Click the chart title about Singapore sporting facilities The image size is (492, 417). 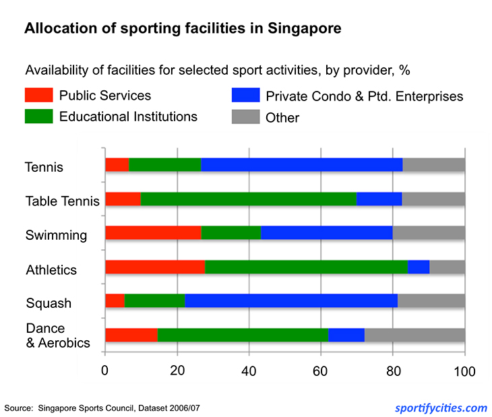click(183, 29)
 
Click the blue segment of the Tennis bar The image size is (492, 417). click(301, 164)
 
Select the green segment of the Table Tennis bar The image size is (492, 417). click(248, 199)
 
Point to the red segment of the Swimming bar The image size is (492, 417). click(153, 232)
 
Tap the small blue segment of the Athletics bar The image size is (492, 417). click(419, 267)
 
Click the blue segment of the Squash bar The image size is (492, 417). click(291, 301)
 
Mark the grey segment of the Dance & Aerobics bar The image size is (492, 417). click(414, 335)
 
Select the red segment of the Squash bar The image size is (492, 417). click(115, 301)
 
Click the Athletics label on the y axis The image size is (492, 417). click(51, 270)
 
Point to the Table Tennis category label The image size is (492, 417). click(62, 201)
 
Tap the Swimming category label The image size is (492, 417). click(56, 235)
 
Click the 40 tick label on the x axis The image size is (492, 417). click(249, 371)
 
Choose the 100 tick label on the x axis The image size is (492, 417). click(464, 371)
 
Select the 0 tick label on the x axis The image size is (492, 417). click(104, 371)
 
